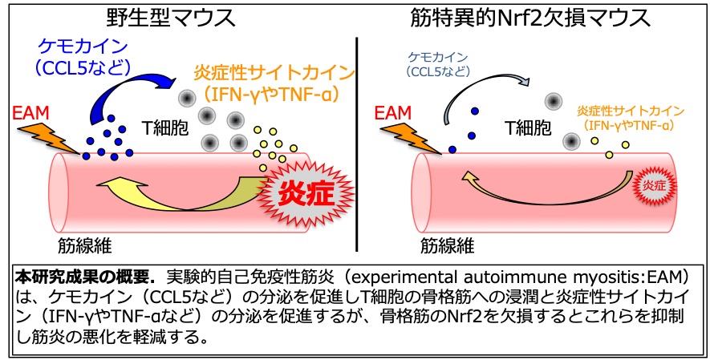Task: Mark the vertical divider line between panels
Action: coord(357,144)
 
